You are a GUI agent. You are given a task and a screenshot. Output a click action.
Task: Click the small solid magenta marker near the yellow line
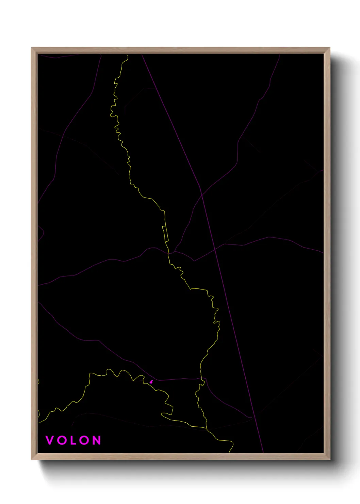pyautogui.click(x=151, y=382)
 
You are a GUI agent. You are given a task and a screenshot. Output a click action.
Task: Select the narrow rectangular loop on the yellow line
pyautogui.click(x=166, y=234)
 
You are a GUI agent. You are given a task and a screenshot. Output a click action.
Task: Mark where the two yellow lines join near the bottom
pyautogui.click(x=206, y=428)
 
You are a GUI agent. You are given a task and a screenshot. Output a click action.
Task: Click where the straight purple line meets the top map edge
pyautogui.click(x=142, y=54)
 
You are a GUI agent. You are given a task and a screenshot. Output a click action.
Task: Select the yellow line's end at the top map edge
pyautogui.click(x=127, y=54)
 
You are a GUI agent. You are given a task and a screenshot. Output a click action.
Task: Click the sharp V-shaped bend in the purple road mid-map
pyautogui.click(x=194, y=261)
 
